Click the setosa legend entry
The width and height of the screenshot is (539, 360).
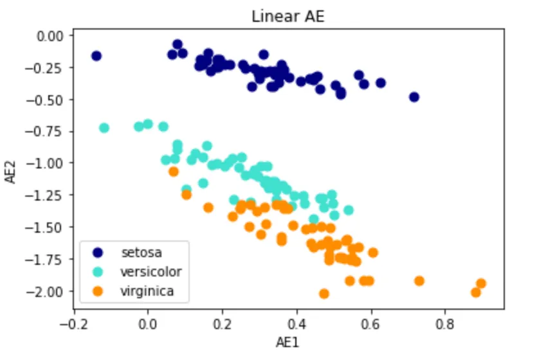coord(136,251)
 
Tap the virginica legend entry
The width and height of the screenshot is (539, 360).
coord(147,292)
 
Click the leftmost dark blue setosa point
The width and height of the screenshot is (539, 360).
coord(96,56)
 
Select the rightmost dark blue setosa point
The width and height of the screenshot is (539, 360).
coord(414,97)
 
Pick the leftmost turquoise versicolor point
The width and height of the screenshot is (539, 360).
coord(104,128)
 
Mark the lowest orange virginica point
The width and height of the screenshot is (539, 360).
coord(324,294)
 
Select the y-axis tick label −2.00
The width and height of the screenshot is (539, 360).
coord(46,291)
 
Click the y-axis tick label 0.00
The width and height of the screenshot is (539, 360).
coord(50,36)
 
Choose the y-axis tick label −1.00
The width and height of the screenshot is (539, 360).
coord(46,163)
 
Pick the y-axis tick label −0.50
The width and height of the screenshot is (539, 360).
coord(46,100)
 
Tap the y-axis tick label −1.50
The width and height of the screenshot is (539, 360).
coord(46,227)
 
